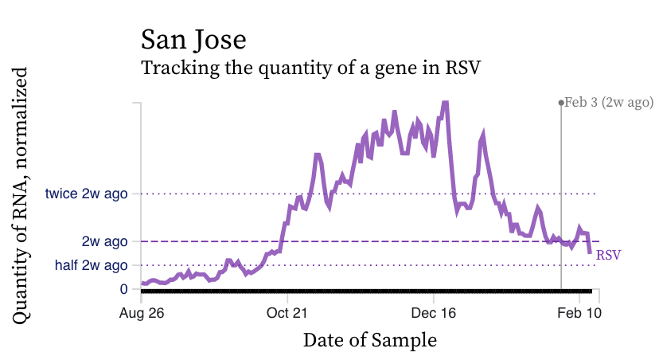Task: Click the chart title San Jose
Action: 193,40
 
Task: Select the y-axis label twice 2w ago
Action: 87,194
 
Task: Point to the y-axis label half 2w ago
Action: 91,265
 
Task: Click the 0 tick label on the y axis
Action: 123,289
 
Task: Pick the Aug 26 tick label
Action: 142,313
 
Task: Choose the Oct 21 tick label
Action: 287,313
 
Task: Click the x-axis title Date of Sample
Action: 370,340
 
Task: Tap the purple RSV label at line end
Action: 609,255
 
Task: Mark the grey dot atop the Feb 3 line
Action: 561,103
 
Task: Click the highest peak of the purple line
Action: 445,103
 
